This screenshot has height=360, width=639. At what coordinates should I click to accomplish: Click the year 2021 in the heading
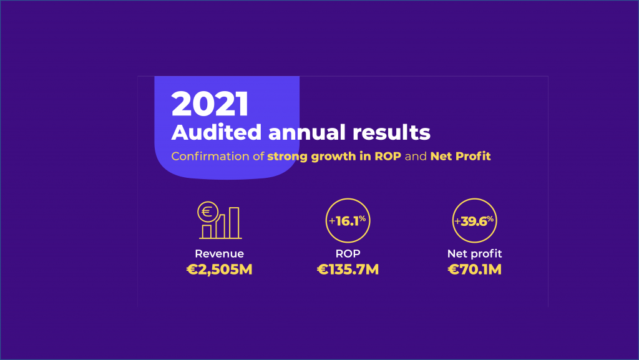210,104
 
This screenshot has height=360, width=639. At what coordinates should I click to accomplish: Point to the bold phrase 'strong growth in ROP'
334,156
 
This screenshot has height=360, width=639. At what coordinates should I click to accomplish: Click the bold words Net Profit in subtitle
461,156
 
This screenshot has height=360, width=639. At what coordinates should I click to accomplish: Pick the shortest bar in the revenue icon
207,231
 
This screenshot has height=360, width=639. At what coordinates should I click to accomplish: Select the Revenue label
219,254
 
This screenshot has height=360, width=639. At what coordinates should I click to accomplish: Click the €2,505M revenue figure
219,270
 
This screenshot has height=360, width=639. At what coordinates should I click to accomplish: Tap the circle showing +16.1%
348,220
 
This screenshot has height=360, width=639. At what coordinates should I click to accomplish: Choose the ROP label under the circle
348,254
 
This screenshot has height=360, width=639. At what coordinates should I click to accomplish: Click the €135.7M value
348,270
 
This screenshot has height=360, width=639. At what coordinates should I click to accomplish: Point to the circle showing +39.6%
474,220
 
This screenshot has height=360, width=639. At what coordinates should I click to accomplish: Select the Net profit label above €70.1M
474,254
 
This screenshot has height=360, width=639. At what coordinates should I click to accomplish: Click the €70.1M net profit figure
474,270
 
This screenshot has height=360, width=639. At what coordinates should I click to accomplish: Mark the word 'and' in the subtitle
416,156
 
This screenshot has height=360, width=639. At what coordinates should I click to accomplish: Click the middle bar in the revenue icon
220,227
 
